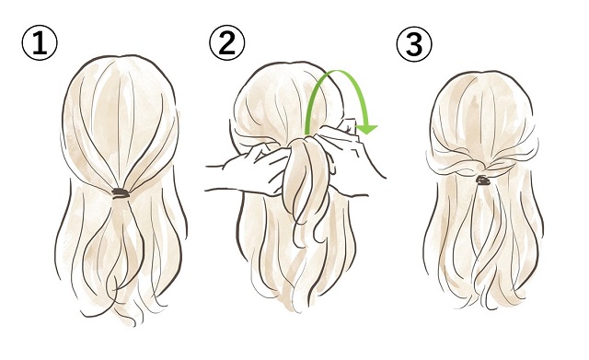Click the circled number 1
pyautogui.click(x=40, y=43)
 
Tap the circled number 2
pyautogui.click(x=227, y=42)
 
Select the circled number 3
pyautogui.click(x=414, y=44)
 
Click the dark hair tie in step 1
pyautogui.click(x=121, y=193)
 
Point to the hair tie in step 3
pyautogui.click(x=482, y=180)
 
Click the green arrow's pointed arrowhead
pyautogui.click(x=367, y=130)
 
